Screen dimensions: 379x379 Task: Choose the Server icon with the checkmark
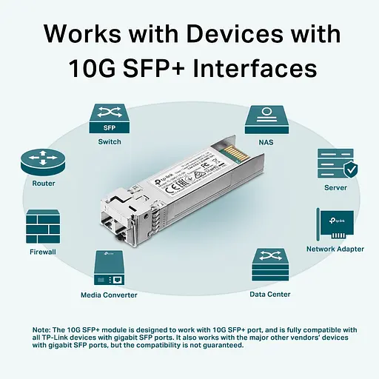337,163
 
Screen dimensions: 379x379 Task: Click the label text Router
43,184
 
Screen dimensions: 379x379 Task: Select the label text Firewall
43,252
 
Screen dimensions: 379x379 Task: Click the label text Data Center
269,295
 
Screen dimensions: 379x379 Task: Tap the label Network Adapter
335,249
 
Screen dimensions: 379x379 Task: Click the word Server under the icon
335,188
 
